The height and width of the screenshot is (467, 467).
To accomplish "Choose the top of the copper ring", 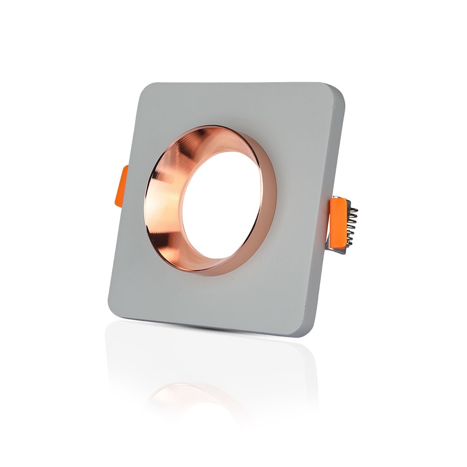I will pos(210,129).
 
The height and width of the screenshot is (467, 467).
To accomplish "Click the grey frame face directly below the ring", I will pos(210,299).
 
